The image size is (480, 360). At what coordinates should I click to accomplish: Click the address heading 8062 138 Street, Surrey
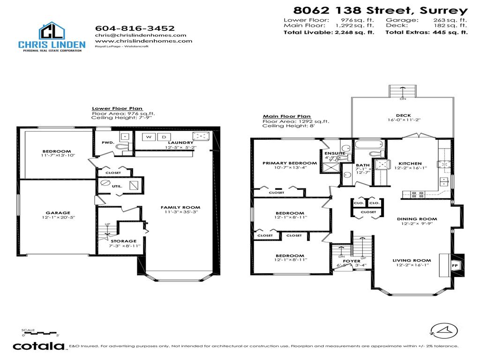tap(380, 10)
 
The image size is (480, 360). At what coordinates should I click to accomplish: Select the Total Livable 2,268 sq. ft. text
tap(329, 33)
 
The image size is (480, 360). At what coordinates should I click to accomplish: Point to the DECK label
tap(403, 115)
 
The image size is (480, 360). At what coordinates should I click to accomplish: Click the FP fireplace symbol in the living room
tap(454, 265)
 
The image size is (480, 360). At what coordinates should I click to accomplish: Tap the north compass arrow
tap(443, 330)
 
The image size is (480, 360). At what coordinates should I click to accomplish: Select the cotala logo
tap(38, 346)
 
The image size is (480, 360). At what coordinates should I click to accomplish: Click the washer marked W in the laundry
tap(149, 137)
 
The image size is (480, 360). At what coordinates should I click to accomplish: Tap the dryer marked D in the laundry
tap(164, 137)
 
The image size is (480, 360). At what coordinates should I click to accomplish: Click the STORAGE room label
tap(123, 241)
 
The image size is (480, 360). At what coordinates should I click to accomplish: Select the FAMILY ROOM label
tap(180, 207)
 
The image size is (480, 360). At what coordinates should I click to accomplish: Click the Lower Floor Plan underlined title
tap(117, 108)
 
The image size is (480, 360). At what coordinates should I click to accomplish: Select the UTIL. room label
tap(117, 186)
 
